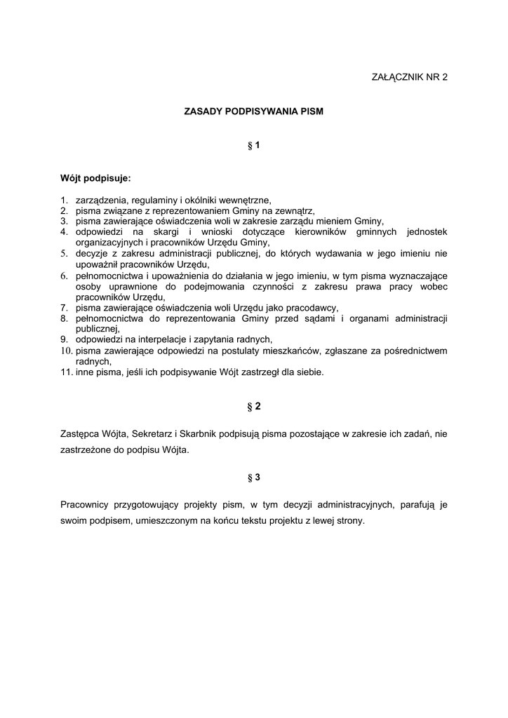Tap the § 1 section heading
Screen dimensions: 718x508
[x=254, y=146]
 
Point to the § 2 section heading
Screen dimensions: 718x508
[x=254, y=406]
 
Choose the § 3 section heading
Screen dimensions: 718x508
[x=254, y=477]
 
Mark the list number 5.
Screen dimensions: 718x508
[x=62, y=253]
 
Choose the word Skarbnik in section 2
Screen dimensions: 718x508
[x=199, y=435]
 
